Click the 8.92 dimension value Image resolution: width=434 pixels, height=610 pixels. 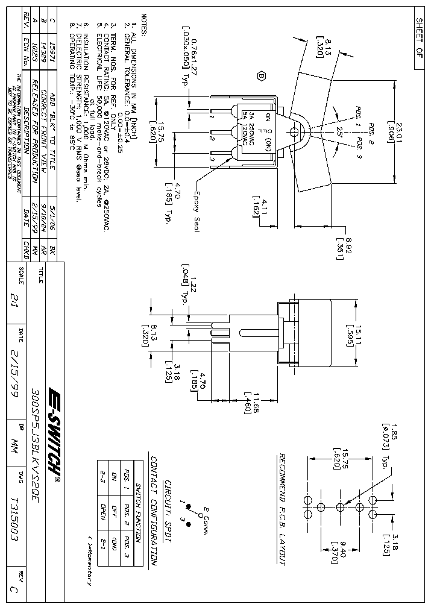click(348, 239)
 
